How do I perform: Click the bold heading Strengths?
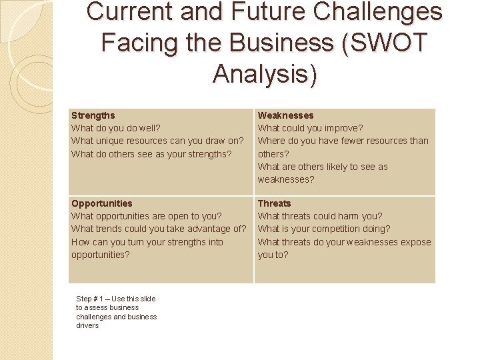(x=93, y=115)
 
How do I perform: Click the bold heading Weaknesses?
(x=285, y=115)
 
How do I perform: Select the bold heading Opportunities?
(x=101, y=203)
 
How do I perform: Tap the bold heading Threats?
(x=274, y=203)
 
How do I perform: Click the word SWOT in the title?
(x=391, y=42)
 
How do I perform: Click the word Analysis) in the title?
(x=265, y=73)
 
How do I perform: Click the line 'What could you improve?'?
(x=310, y=128)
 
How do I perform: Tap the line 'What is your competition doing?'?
(x=324, y=229)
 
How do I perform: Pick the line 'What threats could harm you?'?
(x=320, y=216)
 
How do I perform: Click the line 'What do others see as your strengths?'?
(x=151, y=154)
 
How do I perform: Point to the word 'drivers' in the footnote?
(x=87, y=325)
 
